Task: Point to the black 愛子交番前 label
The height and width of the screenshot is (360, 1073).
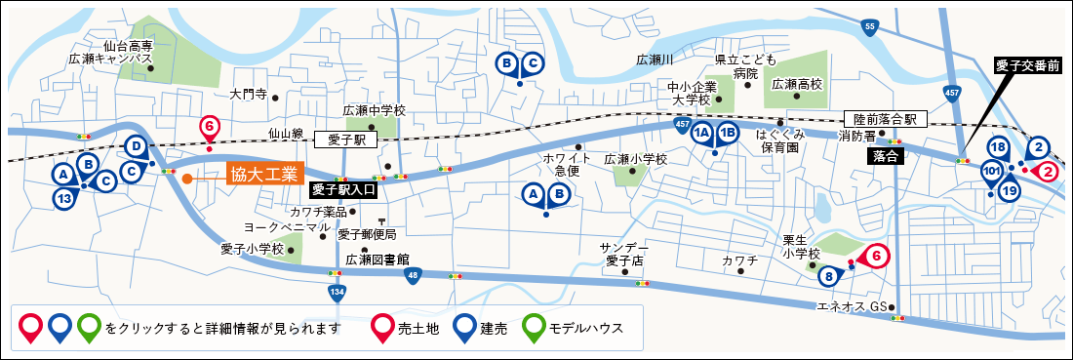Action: [1031, 65]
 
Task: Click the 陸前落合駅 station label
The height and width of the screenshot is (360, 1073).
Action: [884, 118]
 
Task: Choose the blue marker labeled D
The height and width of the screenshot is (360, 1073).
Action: [138, 147]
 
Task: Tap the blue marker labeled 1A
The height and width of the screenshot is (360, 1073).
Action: [701, 135]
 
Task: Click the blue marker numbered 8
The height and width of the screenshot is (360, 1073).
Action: [829, 276]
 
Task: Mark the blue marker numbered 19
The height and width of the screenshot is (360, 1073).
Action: [1010, 190]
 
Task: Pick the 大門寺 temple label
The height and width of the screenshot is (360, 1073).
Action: [248, 96]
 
